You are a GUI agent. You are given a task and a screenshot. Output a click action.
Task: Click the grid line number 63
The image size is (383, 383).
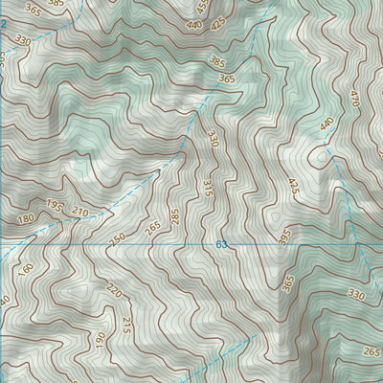tap(221, 245)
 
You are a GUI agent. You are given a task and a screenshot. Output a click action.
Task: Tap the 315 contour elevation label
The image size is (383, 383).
tap(208, 189)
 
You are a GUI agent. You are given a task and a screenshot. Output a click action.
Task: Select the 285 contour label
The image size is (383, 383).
tap(175, 216)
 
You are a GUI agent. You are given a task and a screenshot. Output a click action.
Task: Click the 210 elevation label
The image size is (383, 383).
tap(79, 211)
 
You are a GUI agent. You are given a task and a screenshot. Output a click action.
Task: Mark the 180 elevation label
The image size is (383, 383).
tap(24, 219)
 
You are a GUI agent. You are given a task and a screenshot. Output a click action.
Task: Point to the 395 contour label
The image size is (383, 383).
tap(284, 235)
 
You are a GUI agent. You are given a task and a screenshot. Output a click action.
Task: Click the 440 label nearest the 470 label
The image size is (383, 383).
tap(327, 124)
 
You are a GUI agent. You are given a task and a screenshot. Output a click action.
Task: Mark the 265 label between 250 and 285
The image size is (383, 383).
tap(152, 227)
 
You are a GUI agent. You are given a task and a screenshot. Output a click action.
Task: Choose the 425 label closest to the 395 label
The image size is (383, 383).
tap(293, 188)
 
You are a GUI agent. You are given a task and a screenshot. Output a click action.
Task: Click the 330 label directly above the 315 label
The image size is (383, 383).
tap(213, 138)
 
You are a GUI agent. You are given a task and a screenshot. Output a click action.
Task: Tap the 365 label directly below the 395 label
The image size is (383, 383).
tap(288, 282)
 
